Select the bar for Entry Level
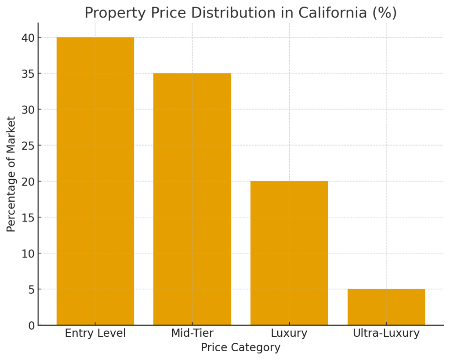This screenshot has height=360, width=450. [95, 181]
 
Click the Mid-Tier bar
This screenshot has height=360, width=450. [192, 199]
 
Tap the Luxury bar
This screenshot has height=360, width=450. [289, 253]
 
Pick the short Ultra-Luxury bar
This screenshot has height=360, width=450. [386, 307]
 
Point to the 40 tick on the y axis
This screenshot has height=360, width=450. [28, 38]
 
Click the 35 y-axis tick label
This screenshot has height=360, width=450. [28, 74]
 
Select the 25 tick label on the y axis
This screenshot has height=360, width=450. [28, 145]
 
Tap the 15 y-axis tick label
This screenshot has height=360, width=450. [28, 218]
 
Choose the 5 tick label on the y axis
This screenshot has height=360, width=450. [31, 290]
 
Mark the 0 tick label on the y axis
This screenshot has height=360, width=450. [31, 326]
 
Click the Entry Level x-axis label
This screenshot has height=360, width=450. [95, 333]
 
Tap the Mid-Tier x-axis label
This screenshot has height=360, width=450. [192, 333]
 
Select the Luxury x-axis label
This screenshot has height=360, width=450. [289, 333]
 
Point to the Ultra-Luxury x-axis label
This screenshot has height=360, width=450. [386, 333]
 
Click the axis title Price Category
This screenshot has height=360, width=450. [240, 348]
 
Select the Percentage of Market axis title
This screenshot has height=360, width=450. [11, 174]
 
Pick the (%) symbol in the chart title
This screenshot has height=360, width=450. [385, 13]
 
